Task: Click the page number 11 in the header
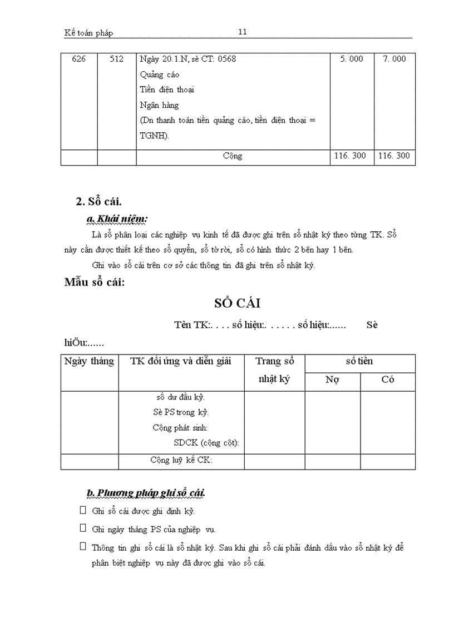[243, 32]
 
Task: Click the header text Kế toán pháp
[88, 33]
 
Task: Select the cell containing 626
[79, 59]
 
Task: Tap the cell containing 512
[116, 59]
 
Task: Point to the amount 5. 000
[352, 59]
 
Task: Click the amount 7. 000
[394, 59]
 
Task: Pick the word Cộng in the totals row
[233, 156]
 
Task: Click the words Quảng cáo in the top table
[160, 74]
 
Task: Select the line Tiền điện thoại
[167, 89]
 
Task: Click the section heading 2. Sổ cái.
[98, 202]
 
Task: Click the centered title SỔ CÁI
[238, 303]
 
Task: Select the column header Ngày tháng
[89, 362]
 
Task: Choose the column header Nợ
[333, 380]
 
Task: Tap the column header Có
[388, 380]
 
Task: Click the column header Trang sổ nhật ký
[274, 370]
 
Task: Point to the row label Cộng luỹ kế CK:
[181, 460]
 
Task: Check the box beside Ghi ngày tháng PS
[83, 528]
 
